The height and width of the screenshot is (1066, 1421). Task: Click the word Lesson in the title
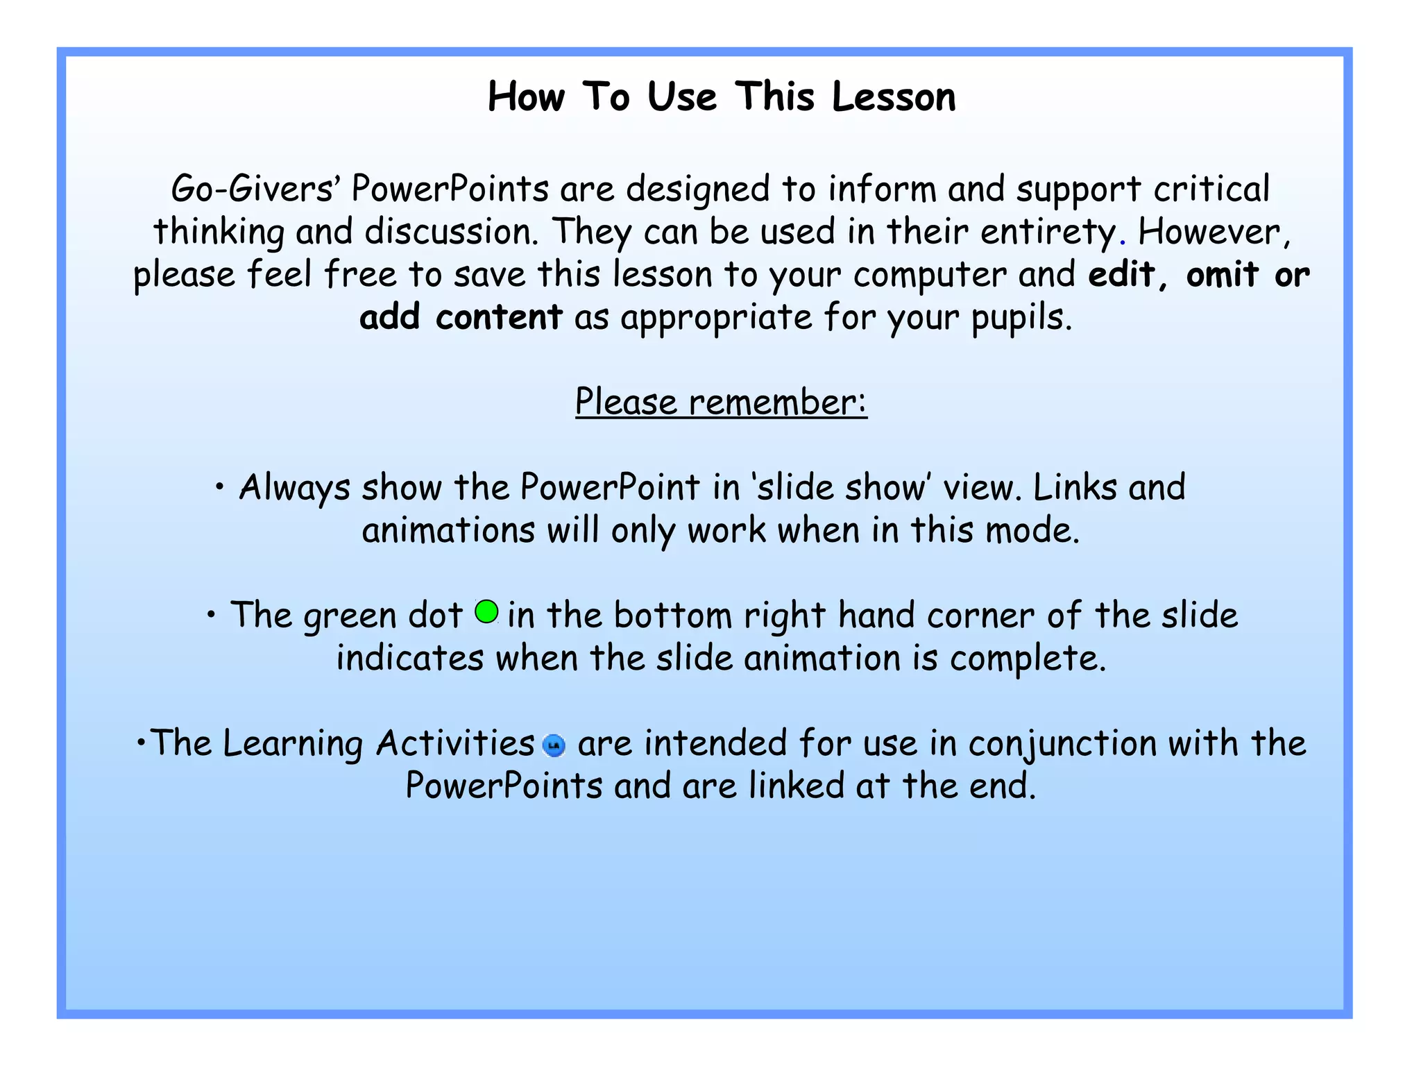pyautogui.click(x=894, y=96)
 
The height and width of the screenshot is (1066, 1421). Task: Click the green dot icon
pyautogui.click(x=486, y=612)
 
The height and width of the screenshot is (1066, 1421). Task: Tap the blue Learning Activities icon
pyautogui.click(x=554, y=745)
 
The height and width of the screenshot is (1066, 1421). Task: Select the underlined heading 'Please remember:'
pyautogui.click(x=721, y=402)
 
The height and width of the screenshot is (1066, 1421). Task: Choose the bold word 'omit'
pyautogui.click(x=1223, y=275)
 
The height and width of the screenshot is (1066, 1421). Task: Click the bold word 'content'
pyautogui.click(x=499, y=318)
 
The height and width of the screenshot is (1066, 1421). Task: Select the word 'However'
pyautogui.click(x=1211, y=232)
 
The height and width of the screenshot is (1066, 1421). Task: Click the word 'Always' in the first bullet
pyautogui.click(x=294, y=488)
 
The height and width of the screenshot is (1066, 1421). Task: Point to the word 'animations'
pyautogui.click(x=448, y=531)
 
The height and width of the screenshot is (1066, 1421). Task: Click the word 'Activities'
pyautogui.click(x=455, y=744)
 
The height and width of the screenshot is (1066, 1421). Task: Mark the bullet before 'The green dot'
pyautogui.click(x=212, y=615)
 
